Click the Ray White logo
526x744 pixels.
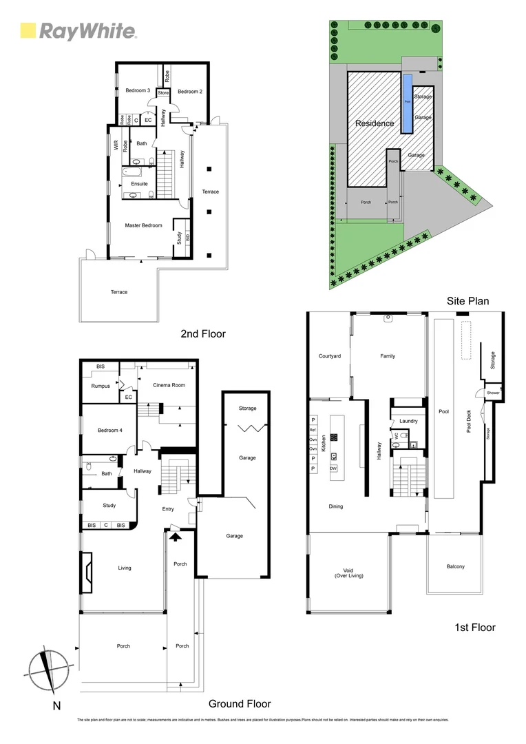(x=78, y=31)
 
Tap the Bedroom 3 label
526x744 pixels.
(x=137, y=91)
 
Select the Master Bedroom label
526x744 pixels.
(x=143, y=225)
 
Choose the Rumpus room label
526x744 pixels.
(x=101, y=386)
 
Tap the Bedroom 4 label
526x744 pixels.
(x=109, y=431)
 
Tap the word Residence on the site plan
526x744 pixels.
(x=375, y=124)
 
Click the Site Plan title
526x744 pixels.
(x=468, y=300)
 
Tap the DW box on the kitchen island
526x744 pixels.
(x=333, y=468)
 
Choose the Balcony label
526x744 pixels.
(x=455, y=567)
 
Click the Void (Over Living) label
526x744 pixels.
(x=348, y=572)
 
